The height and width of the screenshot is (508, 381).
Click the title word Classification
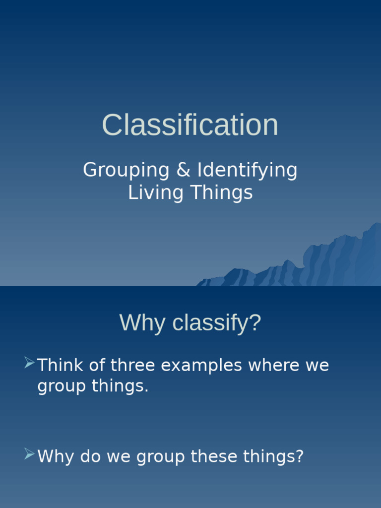coord(190,125)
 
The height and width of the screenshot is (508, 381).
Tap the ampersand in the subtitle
coord(183,170)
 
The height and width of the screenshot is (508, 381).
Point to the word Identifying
coord(247,171)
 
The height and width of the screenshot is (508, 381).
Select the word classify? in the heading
coord(216,323)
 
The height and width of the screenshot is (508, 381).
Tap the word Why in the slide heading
coord(143,323)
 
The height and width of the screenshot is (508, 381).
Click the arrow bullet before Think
coord(29,364)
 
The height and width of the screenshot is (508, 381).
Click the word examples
coord(201,366)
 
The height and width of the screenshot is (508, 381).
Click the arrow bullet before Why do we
coord(29,454)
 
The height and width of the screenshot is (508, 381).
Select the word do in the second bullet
coord(90,456)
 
